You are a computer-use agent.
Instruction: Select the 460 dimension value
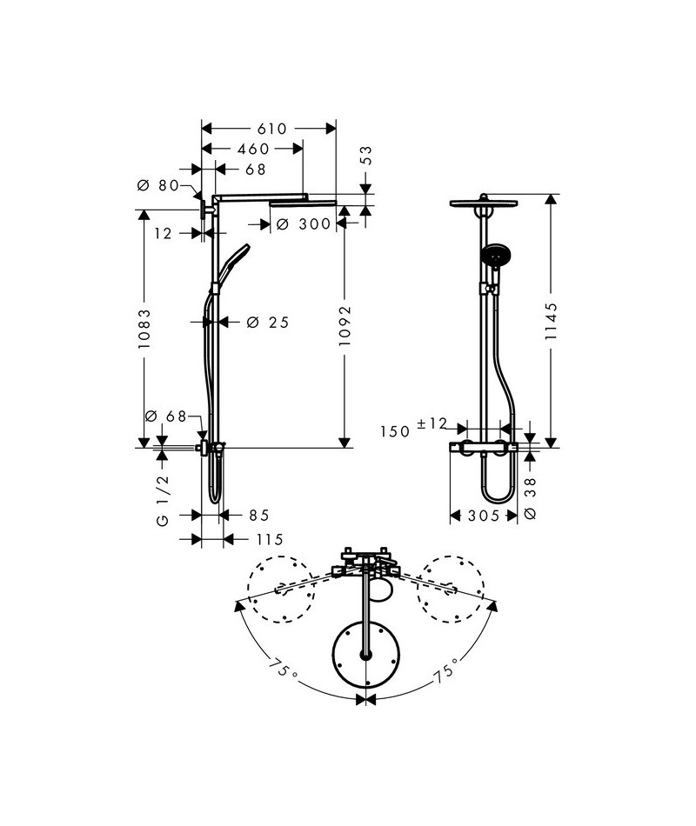point(253,150)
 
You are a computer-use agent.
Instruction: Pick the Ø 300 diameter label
point(304,224)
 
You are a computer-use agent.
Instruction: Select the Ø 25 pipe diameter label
point(267,323)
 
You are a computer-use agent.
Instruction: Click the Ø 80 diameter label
point(158,185)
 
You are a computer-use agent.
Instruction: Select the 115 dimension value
point(269,540)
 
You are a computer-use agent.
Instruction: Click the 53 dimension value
point(366,157)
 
